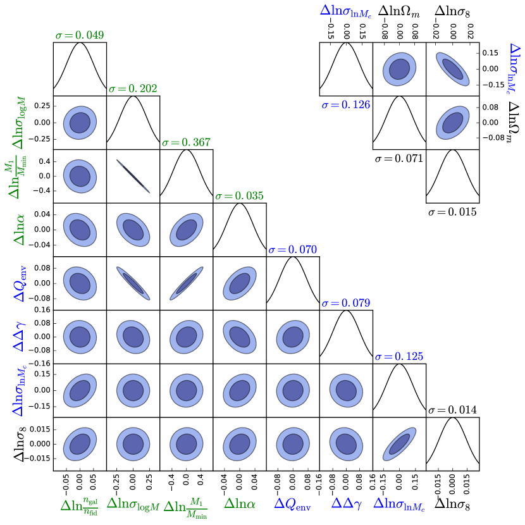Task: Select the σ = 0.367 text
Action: point(186,143)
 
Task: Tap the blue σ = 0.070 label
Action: point(292,250)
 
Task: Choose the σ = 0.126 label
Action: point(345,104)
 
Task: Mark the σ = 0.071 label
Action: point(398,158)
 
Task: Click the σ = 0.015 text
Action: point(452,211)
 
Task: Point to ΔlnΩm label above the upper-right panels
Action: point(399,10)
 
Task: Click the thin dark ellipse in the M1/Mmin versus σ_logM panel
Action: point(133,176)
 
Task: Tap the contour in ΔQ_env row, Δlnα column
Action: point(239,283)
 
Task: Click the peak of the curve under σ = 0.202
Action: point(133,96)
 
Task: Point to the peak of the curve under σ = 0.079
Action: point(345,310)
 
